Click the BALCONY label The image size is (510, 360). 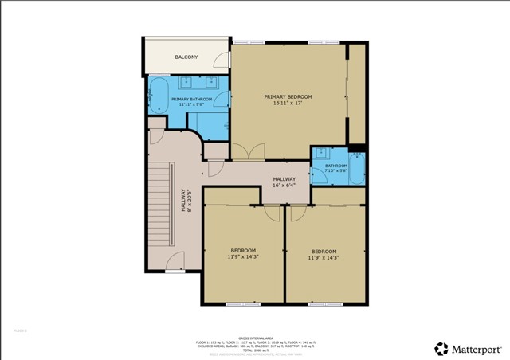186,57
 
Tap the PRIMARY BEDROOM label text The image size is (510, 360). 288,96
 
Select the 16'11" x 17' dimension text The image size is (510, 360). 288,103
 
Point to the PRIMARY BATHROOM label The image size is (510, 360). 191,99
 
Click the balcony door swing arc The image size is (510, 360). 221,58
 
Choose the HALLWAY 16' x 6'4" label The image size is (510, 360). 284,182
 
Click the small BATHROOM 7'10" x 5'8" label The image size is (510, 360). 335,167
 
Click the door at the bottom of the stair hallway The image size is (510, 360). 175,261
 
